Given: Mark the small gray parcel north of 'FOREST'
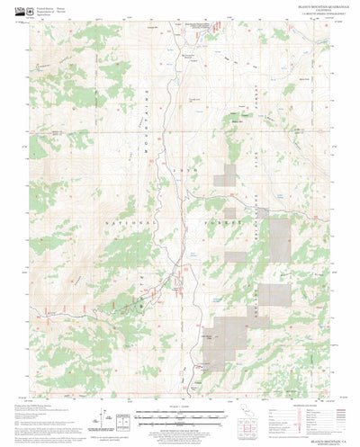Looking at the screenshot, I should click(231, 175).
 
